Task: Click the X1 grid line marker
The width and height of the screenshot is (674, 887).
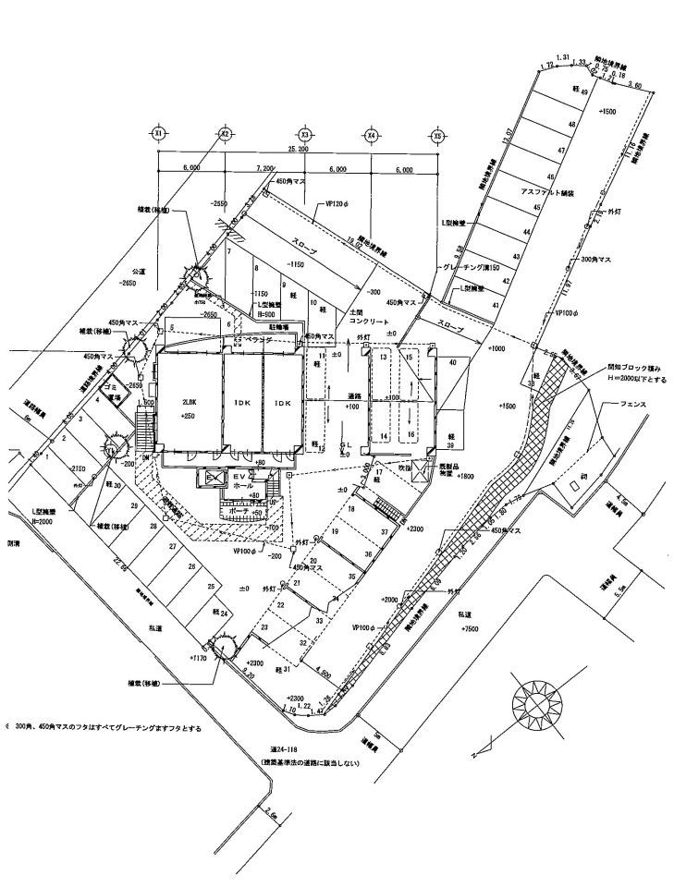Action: (x=158, y=133)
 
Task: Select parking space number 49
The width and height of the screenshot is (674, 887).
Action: (x=583, y=92)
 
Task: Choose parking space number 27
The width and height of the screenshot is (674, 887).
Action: (x=172, y=547)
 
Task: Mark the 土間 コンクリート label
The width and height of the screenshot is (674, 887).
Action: (x=362, y=320)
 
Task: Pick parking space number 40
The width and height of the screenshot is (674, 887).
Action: (x=452, y=363)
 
